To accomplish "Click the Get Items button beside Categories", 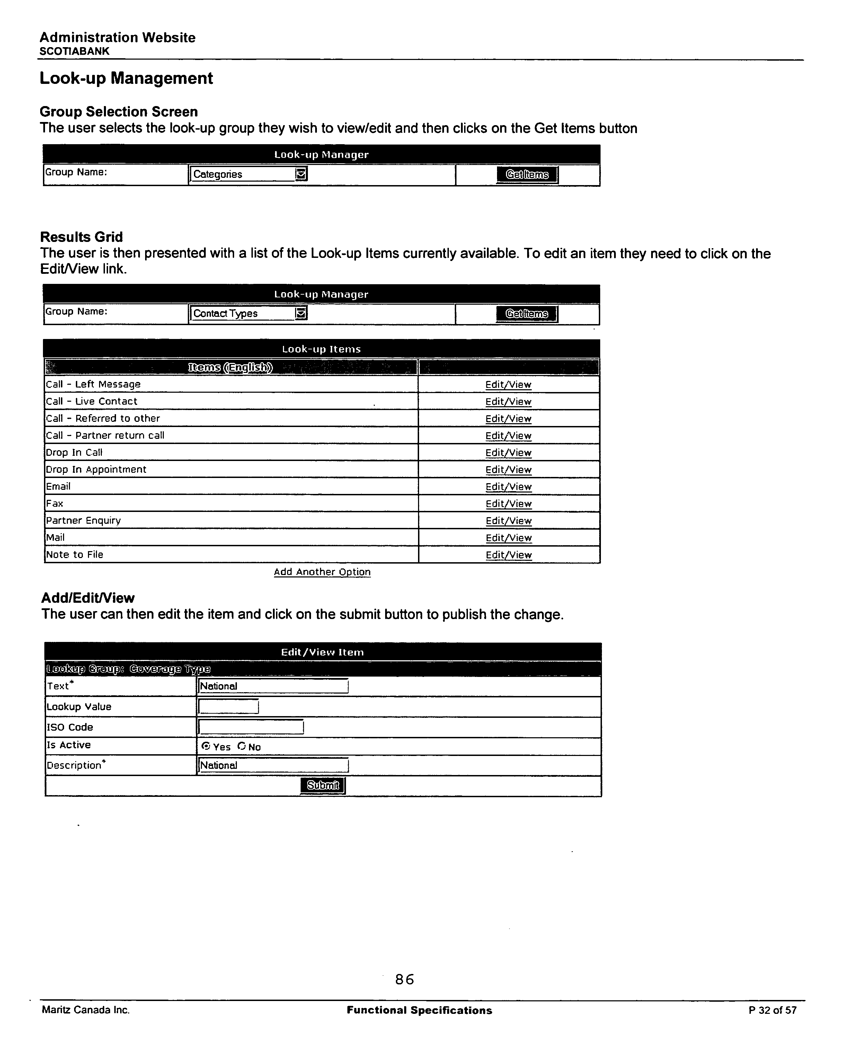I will (x=527, y=174).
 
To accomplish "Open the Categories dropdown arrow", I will (x=301, y=174).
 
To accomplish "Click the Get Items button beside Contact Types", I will (x=527, y=314).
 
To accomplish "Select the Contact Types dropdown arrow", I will (x=301, y=313).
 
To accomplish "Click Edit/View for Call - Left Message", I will (x=508, y=384).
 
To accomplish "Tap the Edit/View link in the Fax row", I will (x=508, y=504).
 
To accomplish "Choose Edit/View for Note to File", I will (x=508, y=555).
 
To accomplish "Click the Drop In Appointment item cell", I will (x=96, y=469).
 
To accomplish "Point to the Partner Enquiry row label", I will (x=83, y=521).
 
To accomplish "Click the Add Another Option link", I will (x=322, y=572).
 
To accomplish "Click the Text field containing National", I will (x=273, y=686).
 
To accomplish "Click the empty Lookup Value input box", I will (x=228, y=707).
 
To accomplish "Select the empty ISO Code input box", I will (x=251, y=727).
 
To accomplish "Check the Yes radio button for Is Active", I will (x=205, y=746).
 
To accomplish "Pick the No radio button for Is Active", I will (x=241, y=746).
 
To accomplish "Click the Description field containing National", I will (x=273, y=765).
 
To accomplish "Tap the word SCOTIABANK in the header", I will (x=74, y=51).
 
